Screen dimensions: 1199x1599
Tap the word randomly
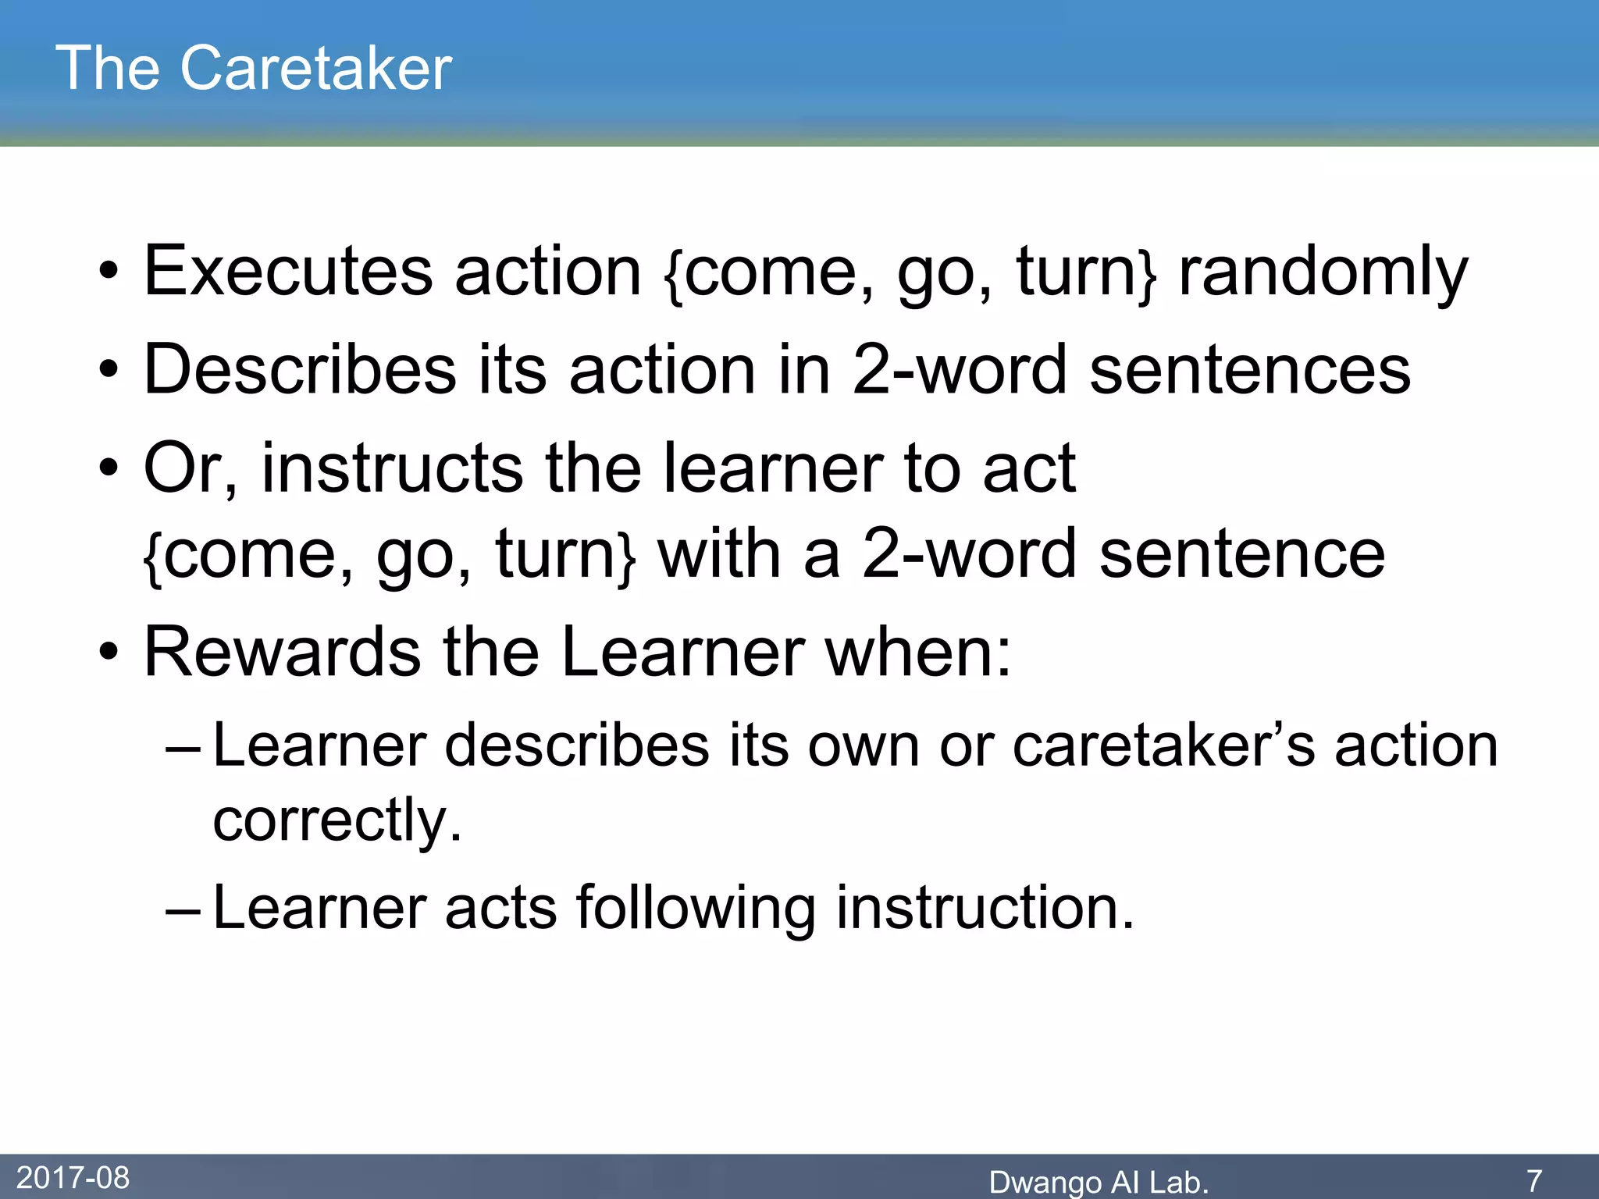click(x=1323, y=272)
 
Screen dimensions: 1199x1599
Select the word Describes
click(x=300, y=369)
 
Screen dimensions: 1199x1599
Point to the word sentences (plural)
click(x=1249, y=369)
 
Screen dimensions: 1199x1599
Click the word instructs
click(x=391, y=468)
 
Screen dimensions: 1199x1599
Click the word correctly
click(x=337, y=821)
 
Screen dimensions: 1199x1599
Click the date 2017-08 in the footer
click(x=73, y=1177)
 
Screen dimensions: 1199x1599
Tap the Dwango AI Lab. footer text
click(x=1099, y=1182)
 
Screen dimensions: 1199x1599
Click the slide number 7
click(x=1534, y=1179)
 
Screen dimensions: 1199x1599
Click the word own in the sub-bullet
click(x=863, y=745)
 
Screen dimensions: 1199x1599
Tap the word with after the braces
click(x=719, y=553)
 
